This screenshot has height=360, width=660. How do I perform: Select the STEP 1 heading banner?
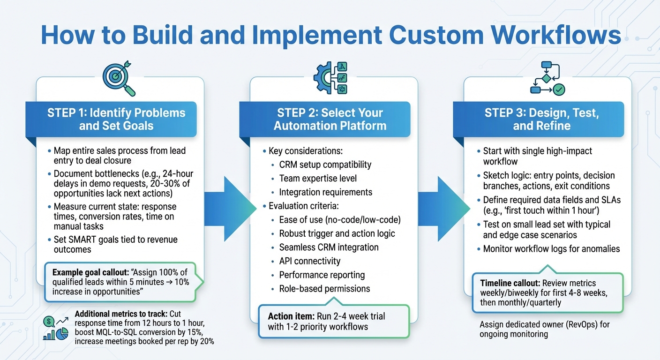[x=116, y=119]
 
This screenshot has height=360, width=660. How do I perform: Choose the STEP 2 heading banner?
[x=330, y=119]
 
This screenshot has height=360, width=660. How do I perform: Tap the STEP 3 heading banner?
[x=541, y=119]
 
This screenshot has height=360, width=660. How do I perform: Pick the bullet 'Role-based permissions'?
[x=324, y=289]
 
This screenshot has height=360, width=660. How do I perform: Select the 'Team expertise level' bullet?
[x=318, y=179]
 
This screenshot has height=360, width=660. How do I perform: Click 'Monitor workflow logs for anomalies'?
[x=551, y=249]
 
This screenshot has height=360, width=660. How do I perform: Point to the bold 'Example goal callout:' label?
[x=92, y=272]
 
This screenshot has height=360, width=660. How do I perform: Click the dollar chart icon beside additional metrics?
[x=55, y=328]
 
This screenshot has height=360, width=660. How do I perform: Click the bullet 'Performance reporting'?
[x=322, y=275]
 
